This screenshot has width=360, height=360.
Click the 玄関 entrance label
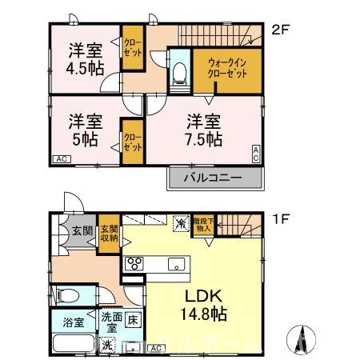pos(82,231)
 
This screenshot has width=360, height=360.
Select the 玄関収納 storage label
pos(109,232)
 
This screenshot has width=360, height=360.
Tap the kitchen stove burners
pos(134,264)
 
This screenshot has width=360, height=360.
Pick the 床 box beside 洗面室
pos(133,319)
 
